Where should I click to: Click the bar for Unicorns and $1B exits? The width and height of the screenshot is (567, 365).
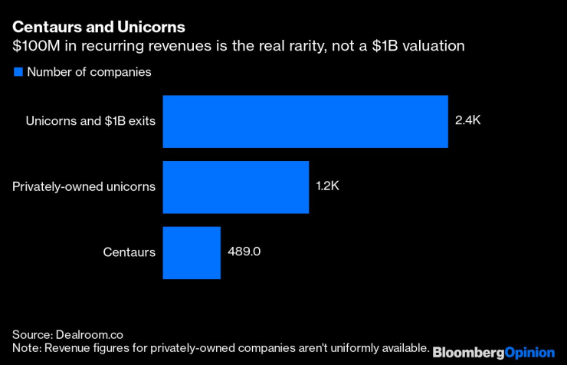coord(305,121)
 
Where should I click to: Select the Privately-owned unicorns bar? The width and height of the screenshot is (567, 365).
coord(235,187)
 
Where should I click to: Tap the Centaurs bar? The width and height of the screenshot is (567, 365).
coord(192,252)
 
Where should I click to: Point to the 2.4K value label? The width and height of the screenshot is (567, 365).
coord(469,121)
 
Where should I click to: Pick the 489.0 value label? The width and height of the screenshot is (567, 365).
coord(244,252)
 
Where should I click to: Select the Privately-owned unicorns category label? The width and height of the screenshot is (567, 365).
coord(84,187)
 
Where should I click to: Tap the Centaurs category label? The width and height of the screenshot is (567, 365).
coord(129,252)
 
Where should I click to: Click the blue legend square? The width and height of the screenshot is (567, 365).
coord(18,72)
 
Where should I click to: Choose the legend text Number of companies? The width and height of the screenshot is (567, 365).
coord(89,72)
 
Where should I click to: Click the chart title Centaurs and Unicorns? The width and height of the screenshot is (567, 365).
coord(98,28)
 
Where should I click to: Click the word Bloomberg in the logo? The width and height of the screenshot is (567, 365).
coord(468,352)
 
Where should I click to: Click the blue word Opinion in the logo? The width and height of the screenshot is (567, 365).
coord(529,352)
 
